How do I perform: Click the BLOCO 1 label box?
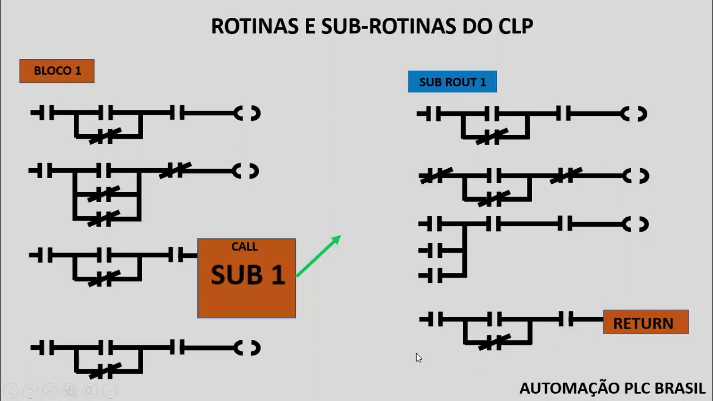pos(57,71)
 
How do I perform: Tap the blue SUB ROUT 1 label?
pos(452,82)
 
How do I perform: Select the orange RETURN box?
pos(646,323)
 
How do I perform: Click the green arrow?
pos(318,256)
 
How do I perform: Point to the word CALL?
pos(245,247)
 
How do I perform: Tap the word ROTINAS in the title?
pos(255,26)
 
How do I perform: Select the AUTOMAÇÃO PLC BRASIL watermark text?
pos(612,388)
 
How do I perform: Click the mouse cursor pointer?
pos(418,358)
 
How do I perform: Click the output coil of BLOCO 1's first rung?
pos(247,114)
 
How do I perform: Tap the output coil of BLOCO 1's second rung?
pos(246,171)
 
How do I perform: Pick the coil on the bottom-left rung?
pos(247,348)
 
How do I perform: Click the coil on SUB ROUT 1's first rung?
pos(634,115)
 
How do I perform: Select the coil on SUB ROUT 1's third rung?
pos(635,224)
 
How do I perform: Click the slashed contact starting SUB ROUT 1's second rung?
pos(436,177)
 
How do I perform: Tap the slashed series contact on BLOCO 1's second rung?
pos(175,170)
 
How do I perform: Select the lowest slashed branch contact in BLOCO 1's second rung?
pos(104,218)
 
